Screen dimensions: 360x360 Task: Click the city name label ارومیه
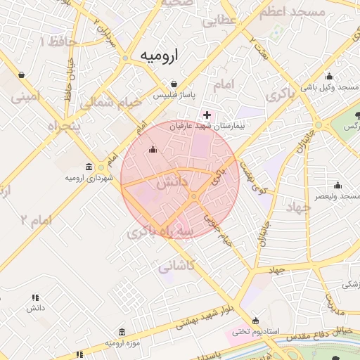click(158, 55)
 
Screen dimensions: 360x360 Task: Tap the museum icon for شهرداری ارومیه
click(89, 167)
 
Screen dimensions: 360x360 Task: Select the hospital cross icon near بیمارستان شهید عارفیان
click(206, 115)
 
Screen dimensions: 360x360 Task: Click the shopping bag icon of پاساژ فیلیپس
click(174, 84)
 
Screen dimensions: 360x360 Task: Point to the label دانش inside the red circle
click(173, 182)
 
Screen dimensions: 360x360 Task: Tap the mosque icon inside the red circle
click(153, 149)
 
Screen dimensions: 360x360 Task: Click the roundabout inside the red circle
click(193, 196)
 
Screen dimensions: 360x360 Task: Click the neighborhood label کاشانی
click(176, 266)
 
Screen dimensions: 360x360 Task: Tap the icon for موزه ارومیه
click(122, 332)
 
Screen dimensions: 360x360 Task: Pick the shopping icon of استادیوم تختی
click(255, 320)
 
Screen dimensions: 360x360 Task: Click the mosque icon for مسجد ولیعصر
click(337, 186)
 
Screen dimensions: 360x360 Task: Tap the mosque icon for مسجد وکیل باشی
click(329, 77)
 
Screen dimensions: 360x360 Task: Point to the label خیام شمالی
click(111, 102)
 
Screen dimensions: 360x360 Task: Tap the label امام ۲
click(36, 221)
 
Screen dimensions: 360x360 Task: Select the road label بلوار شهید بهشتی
click(205, 316)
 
